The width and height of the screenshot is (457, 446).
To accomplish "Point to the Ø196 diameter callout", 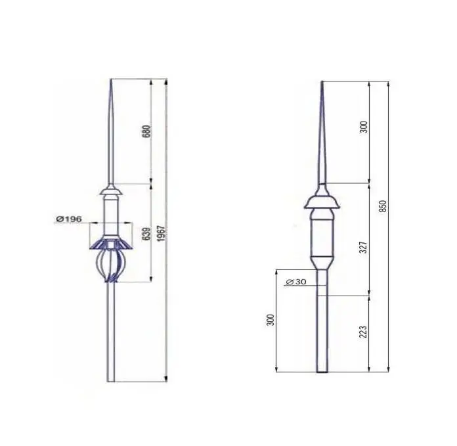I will click(x=69, y=219).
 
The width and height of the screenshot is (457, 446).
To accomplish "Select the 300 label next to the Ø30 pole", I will click(x=270, y=321).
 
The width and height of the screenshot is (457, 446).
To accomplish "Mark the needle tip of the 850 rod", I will click(x=322, y=83).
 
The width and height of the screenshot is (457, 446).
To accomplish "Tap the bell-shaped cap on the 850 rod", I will click(x=322, y=200).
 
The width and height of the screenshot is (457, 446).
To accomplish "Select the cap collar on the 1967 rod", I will click(x=112, y=192).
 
